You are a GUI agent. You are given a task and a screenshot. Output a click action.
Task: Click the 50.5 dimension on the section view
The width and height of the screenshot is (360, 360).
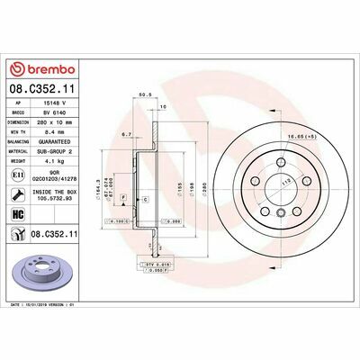[x=142, y=93]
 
